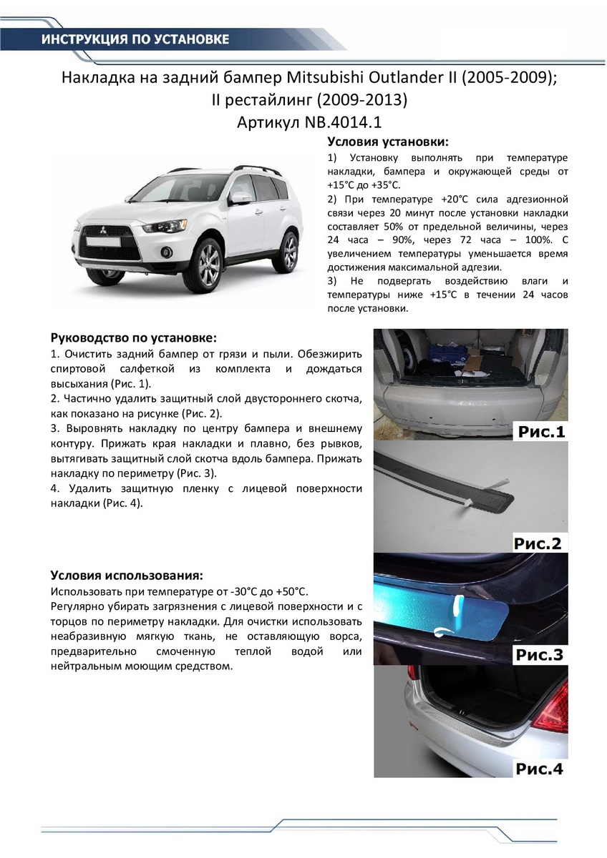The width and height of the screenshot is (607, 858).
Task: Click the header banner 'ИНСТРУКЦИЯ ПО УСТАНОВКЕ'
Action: pyautogui.click(x=135, y=39)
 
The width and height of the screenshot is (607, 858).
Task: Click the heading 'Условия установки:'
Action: pyautogui.click(x=387, y=141)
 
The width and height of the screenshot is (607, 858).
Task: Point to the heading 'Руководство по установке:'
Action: pyautogui.click(x=133, y=337)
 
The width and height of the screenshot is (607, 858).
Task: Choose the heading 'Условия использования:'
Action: pyautogui.click(x=126, y=576)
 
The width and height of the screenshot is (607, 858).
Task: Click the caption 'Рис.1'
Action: pyautogui.click(x=539, y=432)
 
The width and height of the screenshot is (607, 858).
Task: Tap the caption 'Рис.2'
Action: pyautogui.click(x=538, y=543)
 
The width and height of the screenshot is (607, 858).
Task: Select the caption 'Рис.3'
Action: pyautogui.click(x=538, y=655)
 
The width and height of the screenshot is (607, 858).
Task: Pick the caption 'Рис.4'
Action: pyautogui.click(x=538, y=769)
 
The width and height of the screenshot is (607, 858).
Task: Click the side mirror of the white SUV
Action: pyautogui.click(x=241, y=198)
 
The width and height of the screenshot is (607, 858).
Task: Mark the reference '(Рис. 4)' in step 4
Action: pyautogui.click(x=117, y=503)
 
